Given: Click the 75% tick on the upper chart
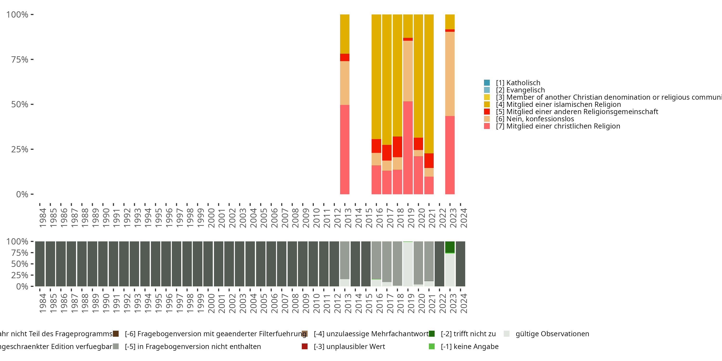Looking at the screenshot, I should (20, 59).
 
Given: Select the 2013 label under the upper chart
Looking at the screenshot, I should (348, 218).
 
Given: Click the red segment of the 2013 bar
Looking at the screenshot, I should (344, 57).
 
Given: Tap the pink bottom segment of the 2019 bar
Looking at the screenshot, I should (408, 148).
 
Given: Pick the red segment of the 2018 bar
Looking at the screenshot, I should (397, 147).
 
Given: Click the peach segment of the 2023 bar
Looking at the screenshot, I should (450, 74).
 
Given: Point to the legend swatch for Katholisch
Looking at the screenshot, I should (487, 83).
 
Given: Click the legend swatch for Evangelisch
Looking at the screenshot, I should (487, 90).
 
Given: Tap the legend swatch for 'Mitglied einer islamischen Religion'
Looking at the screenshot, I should (487, 104).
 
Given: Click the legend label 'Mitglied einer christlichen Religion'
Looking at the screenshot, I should (558, 126).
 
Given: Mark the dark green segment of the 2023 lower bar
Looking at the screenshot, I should (450, 247).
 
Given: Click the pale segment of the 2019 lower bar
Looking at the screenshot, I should (408, 264).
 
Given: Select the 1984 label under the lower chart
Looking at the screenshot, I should (43, 303).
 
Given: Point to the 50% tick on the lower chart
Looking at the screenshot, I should (20, 264).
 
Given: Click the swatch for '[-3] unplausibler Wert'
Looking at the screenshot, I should (305, 346).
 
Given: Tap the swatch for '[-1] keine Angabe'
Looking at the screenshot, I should (432, 346).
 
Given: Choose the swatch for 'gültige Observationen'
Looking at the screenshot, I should (506, 334).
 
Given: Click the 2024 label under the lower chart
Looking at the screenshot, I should (464, 303).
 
